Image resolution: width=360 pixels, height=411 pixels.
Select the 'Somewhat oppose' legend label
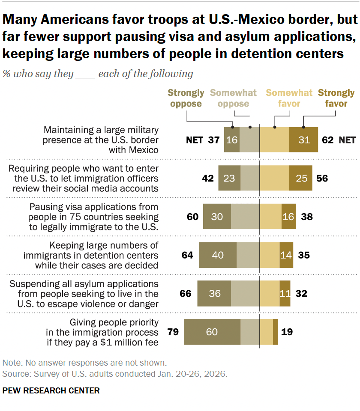234,98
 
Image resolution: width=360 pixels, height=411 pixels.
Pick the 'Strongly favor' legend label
336,98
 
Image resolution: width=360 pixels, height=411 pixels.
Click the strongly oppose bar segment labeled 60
212,332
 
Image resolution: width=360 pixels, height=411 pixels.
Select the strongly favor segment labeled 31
303,140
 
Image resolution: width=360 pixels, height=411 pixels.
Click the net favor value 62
328,140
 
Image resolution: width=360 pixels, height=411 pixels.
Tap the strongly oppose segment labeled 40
218,255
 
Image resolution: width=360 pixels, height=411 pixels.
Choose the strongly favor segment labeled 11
285,294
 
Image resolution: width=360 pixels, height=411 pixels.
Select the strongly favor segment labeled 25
301,178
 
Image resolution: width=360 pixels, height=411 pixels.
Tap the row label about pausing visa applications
94,217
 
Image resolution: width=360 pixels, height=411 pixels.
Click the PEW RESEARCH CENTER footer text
51,390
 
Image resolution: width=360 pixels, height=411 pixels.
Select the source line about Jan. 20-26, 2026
115,374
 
